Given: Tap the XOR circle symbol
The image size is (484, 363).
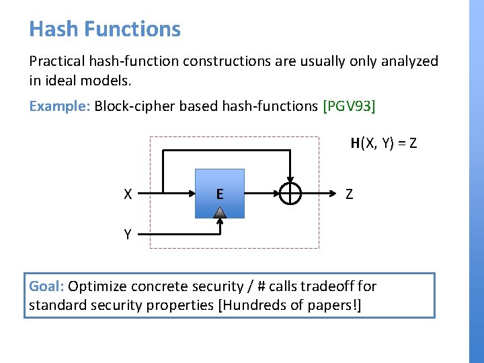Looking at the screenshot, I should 290,195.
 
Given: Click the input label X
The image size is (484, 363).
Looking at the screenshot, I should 128,195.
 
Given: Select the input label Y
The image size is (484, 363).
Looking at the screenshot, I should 127,235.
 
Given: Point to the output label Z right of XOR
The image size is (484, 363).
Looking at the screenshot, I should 349,195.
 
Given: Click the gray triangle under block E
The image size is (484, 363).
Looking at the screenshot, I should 220,212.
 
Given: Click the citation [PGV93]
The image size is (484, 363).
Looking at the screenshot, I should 349,106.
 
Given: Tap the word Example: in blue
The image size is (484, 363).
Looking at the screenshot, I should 60,106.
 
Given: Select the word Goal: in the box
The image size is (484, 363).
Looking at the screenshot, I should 46,286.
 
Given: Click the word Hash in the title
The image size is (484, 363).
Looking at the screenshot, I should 52,29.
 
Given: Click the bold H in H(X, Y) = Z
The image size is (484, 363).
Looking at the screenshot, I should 355,143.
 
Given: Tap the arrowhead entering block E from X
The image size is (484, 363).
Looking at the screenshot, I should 190,195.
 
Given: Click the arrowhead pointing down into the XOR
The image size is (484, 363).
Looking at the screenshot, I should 290,180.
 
